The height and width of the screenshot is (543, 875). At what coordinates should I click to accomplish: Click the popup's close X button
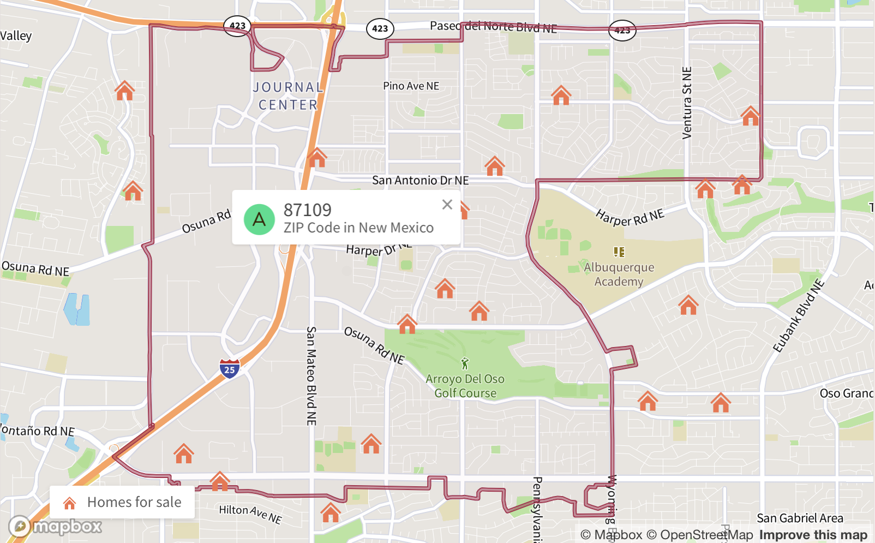click(447, 205)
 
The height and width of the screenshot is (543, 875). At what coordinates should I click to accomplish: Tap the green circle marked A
click(259, 219)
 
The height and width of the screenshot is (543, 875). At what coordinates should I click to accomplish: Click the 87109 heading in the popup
click(307, 210)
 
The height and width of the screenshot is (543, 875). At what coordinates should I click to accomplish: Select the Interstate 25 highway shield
click(230, 369)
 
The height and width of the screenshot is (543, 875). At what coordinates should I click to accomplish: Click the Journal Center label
click(288, 96)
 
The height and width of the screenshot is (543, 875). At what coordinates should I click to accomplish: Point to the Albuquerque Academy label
click(619, 275)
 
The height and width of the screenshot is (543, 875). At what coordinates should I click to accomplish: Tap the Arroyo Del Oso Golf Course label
click(465, 386)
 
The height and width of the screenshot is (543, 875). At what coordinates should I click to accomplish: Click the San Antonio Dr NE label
click(420, 180)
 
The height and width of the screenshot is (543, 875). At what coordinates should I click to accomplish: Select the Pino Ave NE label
click(411, 86)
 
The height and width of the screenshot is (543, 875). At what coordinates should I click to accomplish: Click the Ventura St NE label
click(687, 103)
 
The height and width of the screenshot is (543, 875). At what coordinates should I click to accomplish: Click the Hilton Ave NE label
click(250, 513)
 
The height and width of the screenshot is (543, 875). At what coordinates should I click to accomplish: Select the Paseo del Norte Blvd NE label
click(493, 27)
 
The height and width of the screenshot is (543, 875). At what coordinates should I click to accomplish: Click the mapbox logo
click(55, 527)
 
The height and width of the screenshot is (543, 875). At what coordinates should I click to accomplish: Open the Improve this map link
click(813, 535)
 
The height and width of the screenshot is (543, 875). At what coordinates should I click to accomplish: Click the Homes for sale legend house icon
click(69, 503)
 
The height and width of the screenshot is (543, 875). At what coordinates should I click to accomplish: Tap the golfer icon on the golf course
click(465, 363)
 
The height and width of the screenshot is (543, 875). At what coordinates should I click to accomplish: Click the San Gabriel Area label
click(800, 518)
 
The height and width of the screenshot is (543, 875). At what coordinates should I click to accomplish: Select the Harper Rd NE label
click(630, 217)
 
